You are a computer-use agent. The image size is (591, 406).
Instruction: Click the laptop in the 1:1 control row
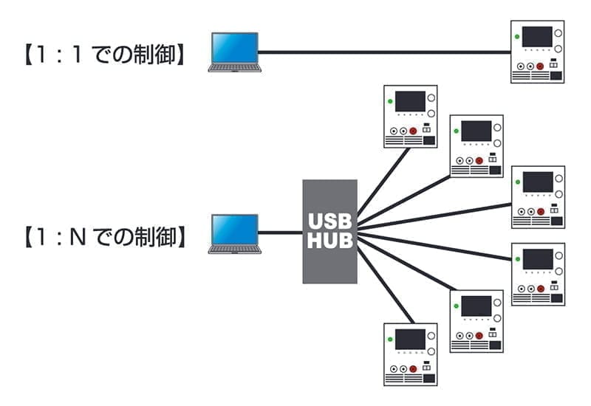pyautogui.click(x=234, y=52)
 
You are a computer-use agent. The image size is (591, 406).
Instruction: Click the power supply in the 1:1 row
pyautogui.click(x=538, y=52)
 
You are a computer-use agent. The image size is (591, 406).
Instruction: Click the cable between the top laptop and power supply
pyautogui.click(x=384, y=52)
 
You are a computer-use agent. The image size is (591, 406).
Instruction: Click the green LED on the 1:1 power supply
pyautogui.click(x=517, y=36)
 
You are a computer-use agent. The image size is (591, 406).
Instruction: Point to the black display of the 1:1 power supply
pyautogui.click(x=537, y=36)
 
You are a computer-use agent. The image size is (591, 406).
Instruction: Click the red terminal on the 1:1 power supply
pyautogui.click(x=540, y=66)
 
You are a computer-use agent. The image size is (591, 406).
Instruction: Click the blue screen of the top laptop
pyautogui.click(x=235, y=47)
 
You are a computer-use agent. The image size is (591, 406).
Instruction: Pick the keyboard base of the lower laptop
pyautogui.click(x=234, y=249)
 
